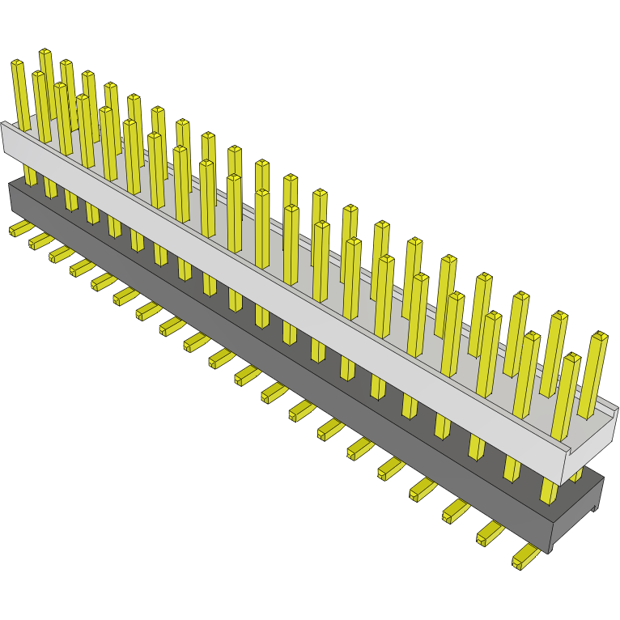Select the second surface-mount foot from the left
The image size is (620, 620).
pos(40,241)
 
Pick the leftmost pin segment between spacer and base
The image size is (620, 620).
pos(30,175)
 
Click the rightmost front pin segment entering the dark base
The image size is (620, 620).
pos(550,489)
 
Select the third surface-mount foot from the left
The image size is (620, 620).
pos(61,254)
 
